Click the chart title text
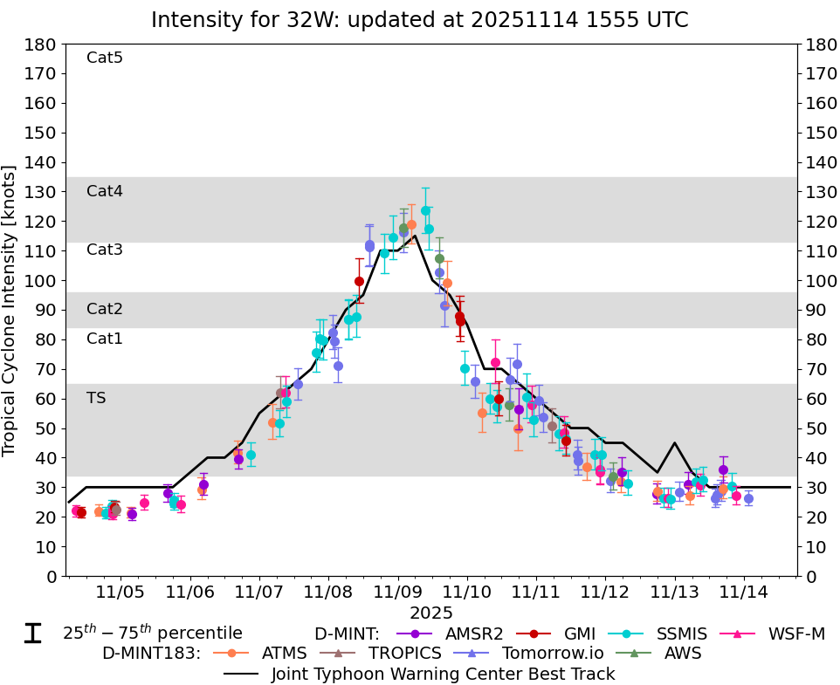(419, 19)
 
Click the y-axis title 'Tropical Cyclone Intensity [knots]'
(10, 310)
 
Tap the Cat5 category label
(105, 58)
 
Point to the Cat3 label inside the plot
(105, 250)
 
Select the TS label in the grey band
(96, 398)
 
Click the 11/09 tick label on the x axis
(397, 593)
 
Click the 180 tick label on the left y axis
(44, 44)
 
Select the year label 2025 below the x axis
(431, 613)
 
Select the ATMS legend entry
(282, 653)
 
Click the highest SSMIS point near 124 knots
(425, 210)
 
